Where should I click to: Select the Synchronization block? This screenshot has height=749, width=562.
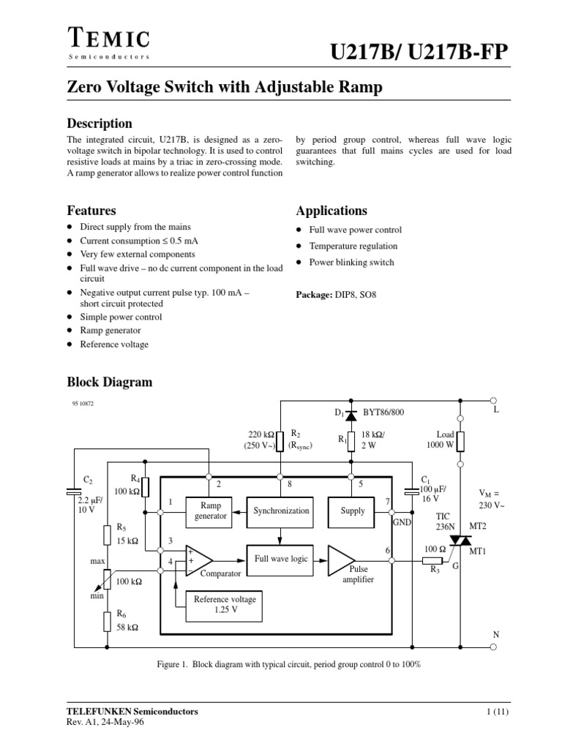tap(281, 511)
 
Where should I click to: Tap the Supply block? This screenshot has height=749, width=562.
tap(352, 511)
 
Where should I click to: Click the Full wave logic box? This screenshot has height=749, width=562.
tap(281, 559)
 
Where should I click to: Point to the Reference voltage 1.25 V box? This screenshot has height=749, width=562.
tap(225, 604)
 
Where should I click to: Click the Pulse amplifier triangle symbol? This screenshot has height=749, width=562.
tap(341, 560)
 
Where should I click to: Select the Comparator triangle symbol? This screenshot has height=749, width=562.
tap(199, 560)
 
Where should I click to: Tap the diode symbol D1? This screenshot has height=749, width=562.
tap(351, 415)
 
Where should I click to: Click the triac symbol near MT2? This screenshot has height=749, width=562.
tap(460, 541)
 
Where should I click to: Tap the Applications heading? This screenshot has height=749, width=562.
tap(331, 211)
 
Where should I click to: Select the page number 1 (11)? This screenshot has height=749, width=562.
tap(499, 711)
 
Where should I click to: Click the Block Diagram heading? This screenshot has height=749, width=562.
tap(110, 381)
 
